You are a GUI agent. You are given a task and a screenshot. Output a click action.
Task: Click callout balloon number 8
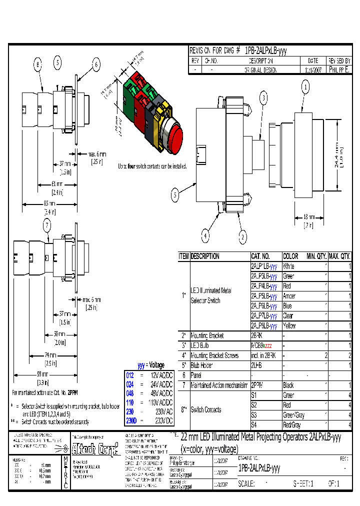[x=37, y=63]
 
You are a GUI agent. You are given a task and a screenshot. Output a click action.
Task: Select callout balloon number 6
[x=96, y=63]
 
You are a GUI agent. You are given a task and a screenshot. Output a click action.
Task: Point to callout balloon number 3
[x=263, y=97]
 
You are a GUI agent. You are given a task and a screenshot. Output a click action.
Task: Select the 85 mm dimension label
[x=49, y=203]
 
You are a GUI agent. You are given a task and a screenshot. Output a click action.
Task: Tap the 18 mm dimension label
[x=309, y=217]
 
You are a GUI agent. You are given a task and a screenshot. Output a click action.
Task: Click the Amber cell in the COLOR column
[x=289, y=296]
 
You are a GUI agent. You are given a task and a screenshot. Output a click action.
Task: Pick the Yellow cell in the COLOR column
[x=289, y=325]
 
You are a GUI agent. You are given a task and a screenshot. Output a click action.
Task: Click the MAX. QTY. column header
[x=339, y=256]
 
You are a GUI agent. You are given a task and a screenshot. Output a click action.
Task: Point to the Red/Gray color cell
[x=292, y=425]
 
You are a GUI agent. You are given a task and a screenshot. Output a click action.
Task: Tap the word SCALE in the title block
[x=248, y=483]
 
